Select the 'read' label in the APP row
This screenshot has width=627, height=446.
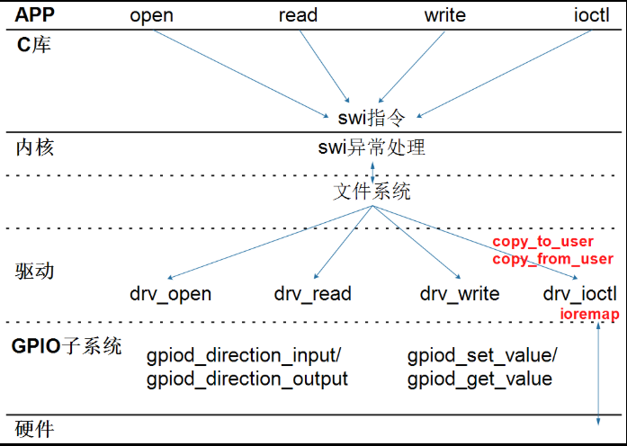[x=298, y=15]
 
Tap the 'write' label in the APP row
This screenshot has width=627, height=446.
[x=444, y=15]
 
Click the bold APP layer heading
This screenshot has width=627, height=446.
[x=35, y=14]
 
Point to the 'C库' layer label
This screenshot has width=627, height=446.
[x=34, y=44]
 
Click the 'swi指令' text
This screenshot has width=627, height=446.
[x=372, y=117]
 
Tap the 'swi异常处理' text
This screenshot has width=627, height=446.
[x=372, y=147]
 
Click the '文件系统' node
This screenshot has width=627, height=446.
[x=372, y=192]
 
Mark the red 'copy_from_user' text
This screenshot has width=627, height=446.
[x=552, y=259]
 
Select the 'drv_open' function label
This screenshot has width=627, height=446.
[x=171, y=293]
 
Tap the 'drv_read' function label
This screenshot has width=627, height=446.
[x=312, y=293]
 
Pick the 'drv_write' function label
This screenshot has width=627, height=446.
[x=461, y=293]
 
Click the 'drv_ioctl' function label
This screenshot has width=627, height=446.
[x=580, y=293]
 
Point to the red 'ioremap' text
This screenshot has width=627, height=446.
[x=589, y=314]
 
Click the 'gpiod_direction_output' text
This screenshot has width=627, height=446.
[x=246, y=379]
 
